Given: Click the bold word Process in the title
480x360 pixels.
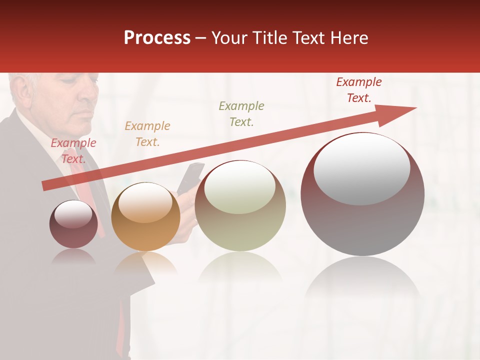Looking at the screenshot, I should point(157,38).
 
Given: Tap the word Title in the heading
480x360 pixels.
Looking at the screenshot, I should point(268,38).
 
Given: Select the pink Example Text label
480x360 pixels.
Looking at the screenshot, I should point(73,151).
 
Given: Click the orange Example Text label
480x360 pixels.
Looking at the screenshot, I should point(147,134).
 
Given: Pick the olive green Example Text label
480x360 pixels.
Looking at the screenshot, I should point(241,114).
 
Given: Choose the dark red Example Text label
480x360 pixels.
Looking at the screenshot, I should point(359,90).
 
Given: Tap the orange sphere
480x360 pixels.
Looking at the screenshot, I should point(145,217).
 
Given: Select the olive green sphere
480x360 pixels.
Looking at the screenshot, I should point(240,206).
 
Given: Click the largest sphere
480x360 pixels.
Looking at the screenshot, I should point(362,195).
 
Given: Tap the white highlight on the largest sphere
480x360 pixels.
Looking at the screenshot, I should point(362,169).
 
